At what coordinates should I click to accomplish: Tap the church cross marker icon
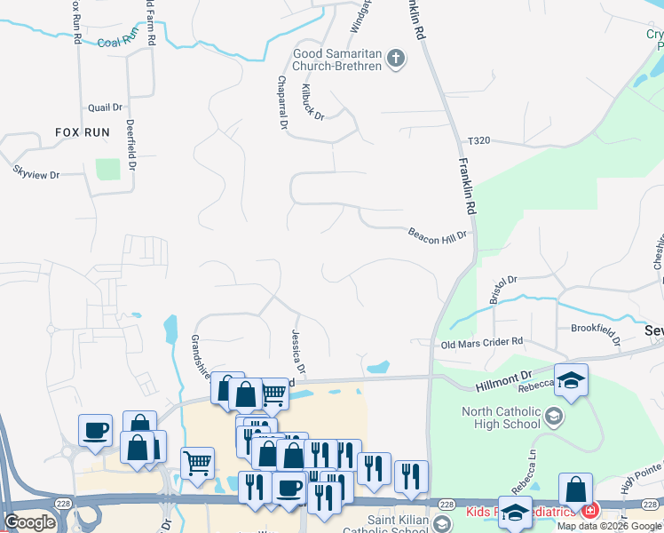(396, 60)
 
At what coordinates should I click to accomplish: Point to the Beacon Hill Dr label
(437, 236)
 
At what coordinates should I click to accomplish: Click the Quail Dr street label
(105, 107)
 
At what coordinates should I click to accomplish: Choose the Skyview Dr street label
(36, 171)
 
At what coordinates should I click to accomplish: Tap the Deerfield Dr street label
(130, 145)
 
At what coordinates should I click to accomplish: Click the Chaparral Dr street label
(282, 103)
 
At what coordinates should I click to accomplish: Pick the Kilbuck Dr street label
(313, 104)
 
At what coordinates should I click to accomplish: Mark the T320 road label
(479, 141)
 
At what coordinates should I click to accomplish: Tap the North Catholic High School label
(501, 417)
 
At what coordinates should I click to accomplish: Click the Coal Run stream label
(119, 40)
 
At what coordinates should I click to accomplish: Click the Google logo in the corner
(29, 521)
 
